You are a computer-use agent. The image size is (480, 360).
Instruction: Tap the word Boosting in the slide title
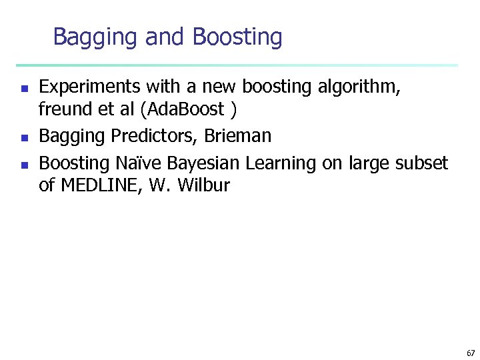(x=237, y=37)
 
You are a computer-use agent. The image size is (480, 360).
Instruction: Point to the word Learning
(x=281, y=163)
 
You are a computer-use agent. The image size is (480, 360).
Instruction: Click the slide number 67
(x=471, y=353)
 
